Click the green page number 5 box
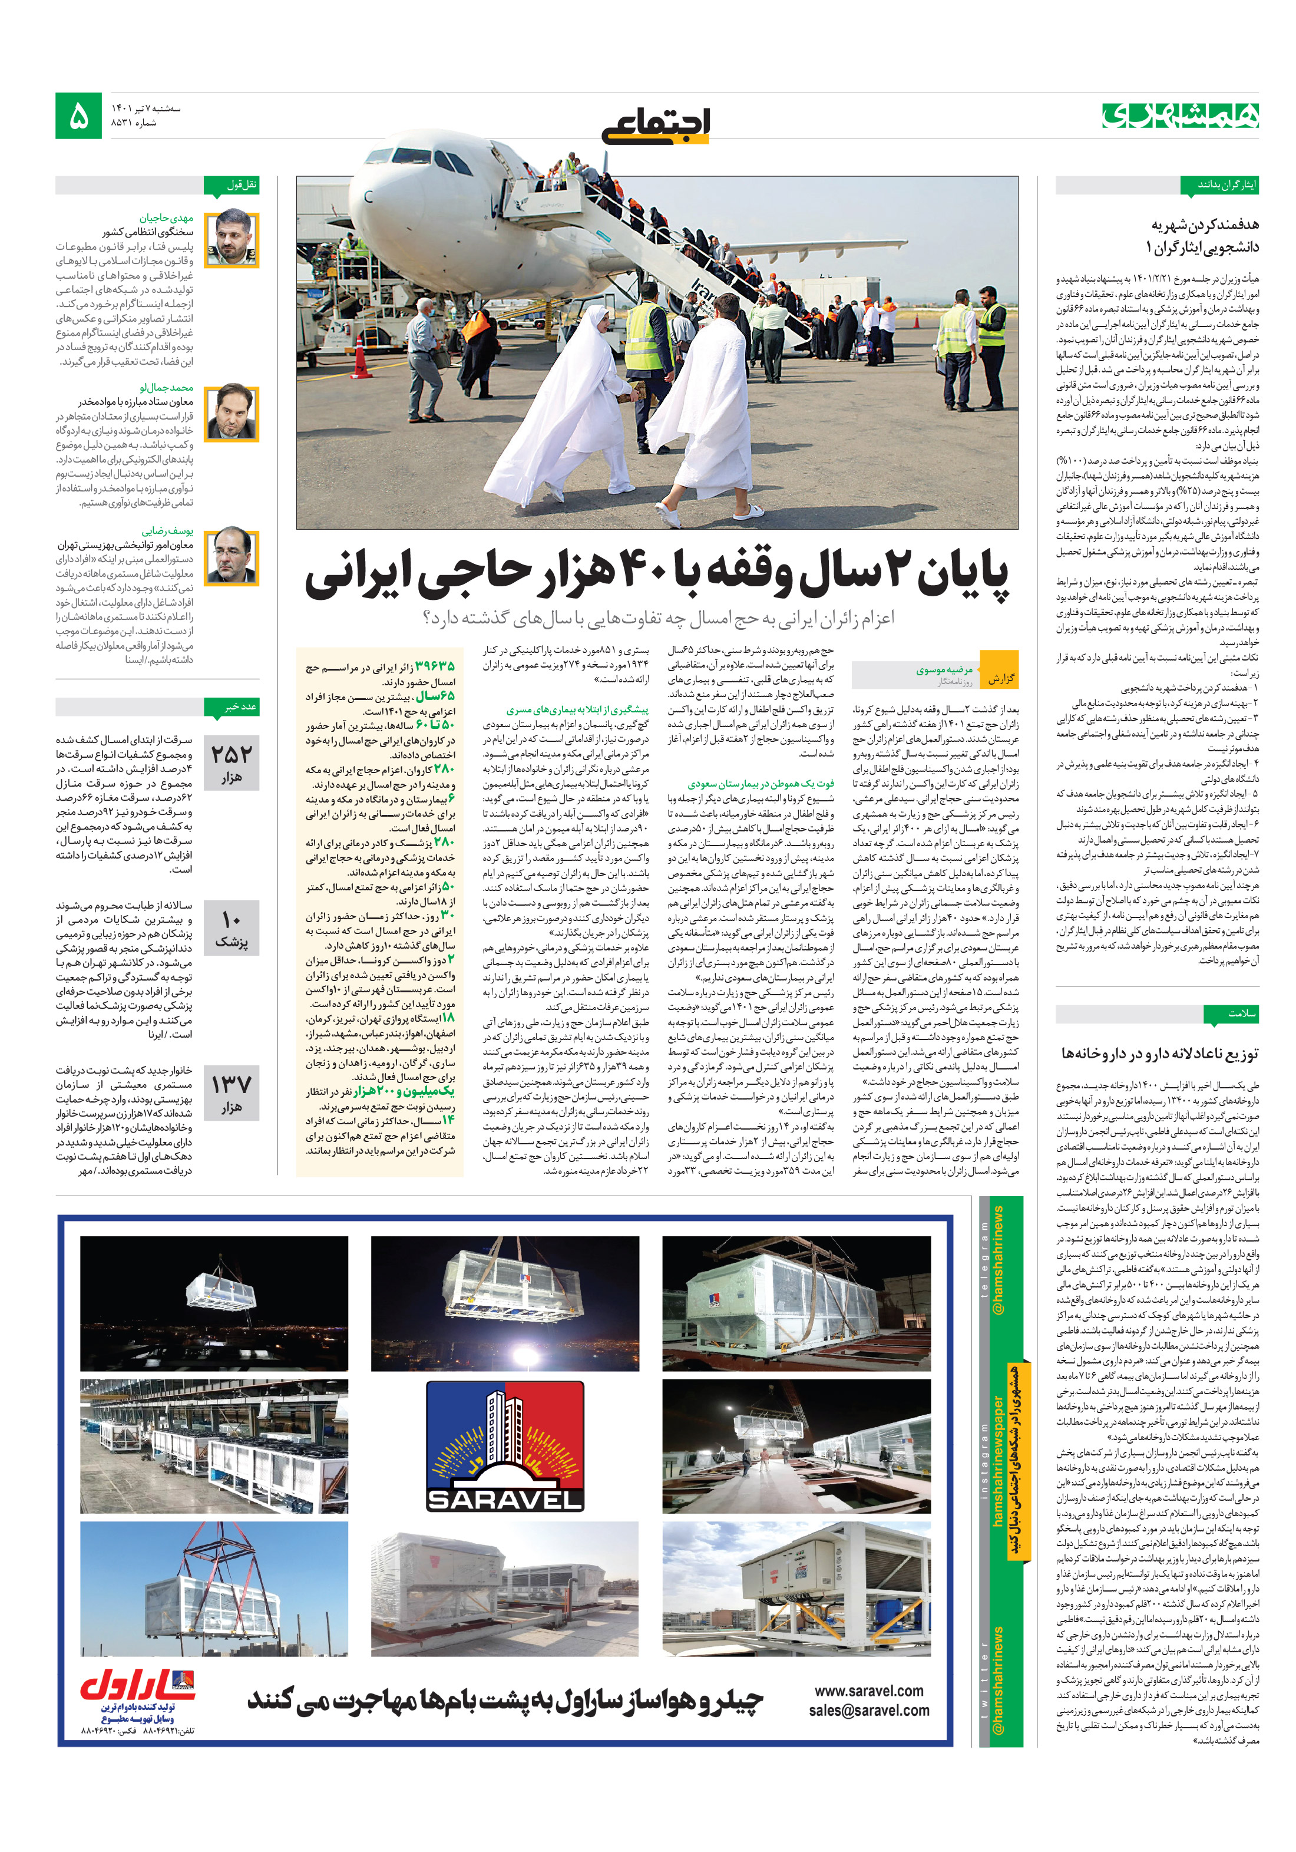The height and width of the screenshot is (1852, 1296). coord(78,115)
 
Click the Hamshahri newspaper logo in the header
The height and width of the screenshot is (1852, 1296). coord(1180,115)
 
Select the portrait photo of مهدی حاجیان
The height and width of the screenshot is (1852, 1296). coord(232,240)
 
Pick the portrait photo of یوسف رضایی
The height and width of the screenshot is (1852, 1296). coord(232,557)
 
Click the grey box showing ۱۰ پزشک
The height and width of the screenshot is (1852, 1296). coord(232,929)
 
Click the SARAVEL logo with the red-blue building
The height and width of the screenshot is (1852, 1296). coord(505,1446)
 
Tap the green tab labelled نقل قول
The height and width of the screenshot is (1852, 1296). coord(241,184)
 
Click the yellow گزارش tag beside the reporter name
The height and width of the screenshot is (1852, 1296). coord(1000,678)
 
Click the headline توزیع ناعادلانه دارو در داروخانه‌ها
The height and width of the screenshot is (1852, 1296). coord(1160,1052)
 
